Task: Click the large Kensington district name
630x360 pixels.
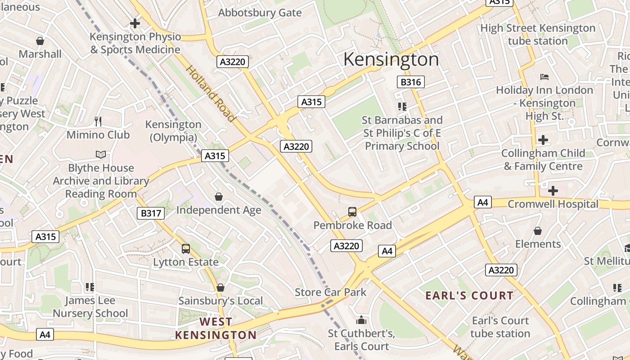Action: (x=391, y=59)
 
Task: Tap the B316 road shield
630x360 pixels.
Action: (x=410, y=82)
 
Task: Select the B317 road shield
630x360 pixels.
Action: (x=151, y=213)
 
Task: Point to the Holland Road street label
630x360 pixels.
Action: (x=211, y=94)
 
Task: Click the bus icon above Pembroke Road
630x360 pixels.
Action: (x=352, y=211)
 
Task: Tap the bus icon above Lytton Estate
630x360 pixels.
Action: (x=185, y=248)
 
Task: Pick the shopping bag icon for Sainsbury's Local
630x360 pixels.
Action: (x=220, y=287)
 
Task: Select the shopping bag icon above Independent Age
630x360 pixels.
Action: (x=219, y=197)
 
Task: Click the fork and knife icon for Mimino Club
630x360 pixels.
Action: (x=98, y=121)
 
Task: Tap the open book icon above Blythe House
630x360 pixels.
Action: (x=101, y=155)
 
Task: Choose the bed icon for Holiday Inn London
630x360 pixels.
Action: (x=544, y=77)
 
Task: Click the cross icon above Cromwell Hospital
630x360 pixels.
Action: (x=553, y=191)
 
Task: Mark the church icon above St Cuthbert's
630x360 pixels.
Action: (x=361, y=320)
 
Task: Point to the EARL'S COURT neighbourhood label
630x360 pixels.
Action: (x=469, y=296)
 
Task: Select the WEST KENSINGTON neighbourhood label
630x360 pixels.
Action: (x=216, y=328)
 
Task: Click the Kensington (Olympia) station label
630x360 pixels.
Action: (x=173, y=130)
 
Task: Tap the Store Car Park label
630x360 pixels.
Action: (x=330, y=292)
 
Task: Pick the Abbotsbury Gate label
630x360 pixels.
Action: (x=260, y=13)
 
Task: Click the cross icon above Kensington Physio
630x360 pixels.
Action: (x=135, y=23)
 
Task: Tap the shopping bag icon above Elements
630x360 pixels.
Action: (x=537, y=231)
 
